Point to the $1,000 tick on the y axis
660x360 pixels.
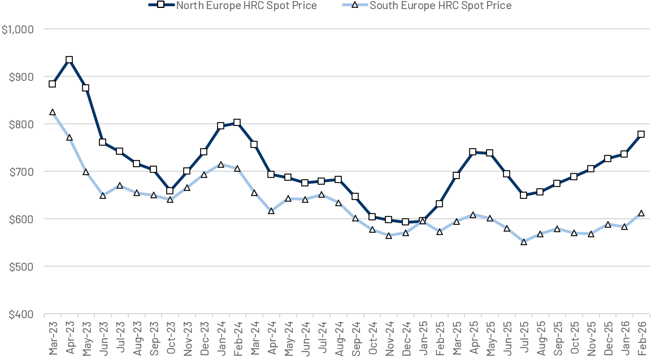pyautogui.click(x=18, y=29)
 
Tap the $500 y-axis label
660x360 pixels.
pyautogui.click(x=21, y=267)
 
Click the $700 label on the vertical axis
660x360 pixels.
pyautogui.click(x=21, y=172)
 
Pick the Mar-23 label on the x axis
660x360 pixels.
pyautogui.click(x=53, y=337)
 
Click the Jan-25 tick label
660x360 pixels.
pyautogui.click(x=423, y=337)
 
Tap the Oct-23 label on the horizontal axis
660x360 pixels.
pyautogui.click(x=171, y=337)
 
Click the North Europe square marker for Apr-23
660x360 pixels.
pyautogui.click(x=69, y=60)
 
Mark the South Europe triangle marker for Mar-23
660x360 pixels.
pyautogui.click(x=53, y=112)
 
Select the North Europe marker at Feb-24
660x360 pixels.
pyautogui.click(x=237, y=123)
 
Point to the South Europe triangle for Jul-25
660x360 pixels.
pyautogui.click(x=523, y=242)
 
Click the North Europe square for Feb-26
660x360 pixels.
pyautogui.click(x=641, y=135)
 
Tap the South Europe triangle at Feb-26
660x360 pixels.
pyautogui.click(x=641, y=214)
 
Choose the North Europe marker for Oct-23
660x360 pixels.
pyautogui.click(x=170, y=190)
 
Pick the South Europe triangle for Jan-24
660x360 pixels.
pyautogui.click(x=220, y=165)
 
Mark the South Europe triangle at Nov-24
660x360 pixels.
pyautogui.click(x=389, y=236)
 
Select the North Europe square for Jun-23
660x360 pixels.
pyautogui.click(x=103, y=142)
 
